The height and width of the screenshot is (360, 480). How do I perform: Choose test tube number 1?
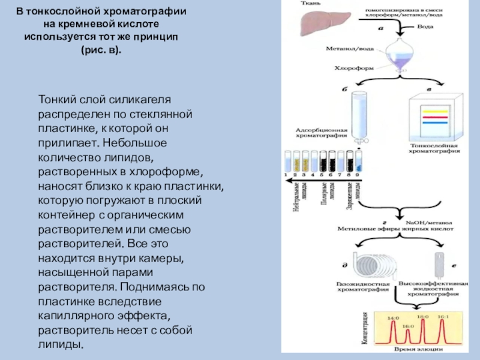(287, 160)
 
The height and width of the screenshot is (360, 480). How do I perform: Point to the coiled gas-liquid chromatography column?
(346, 263)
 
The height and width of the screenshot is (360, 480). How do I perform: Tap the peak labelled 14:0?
(394, 331)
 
